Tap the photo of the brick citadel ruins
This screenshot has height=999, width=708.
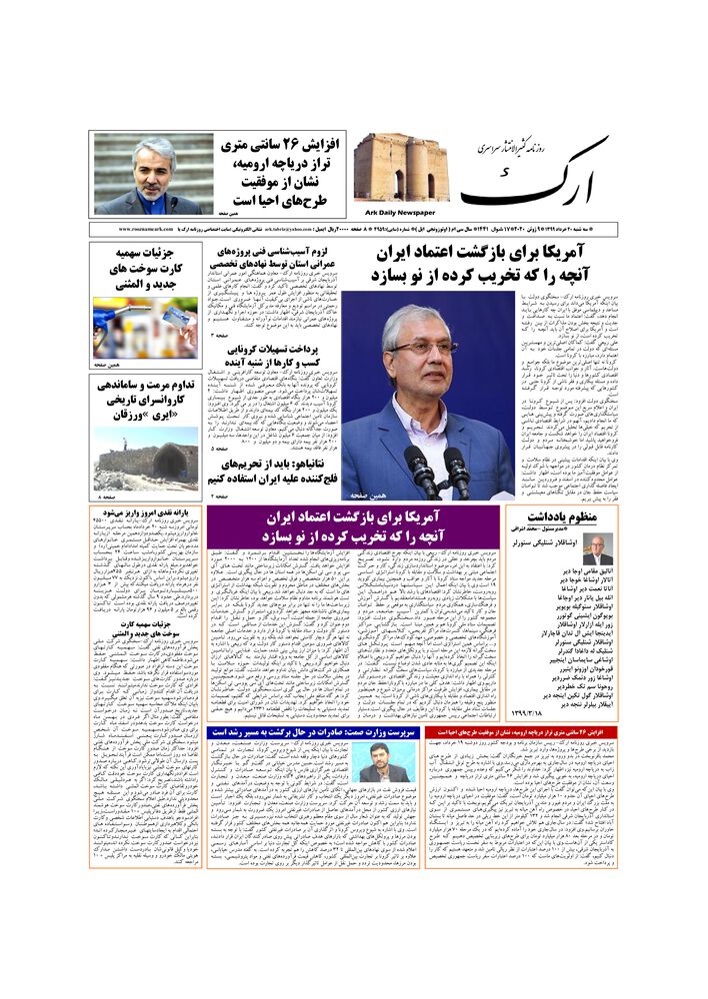tap(400, 167)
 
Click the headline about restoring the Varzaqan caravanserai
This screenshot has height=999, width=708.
tap(147, 401)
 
